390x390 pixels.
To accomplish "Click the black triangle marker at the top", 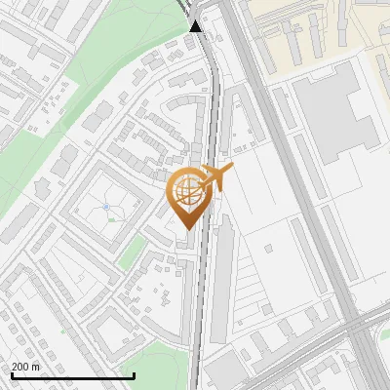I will pyautogui.click(x=197, y=26).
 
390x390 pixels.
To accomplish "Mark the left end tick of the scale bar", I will pyautogui.click(x=11, y=375).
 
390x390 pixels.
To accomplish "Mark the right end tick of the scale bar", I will pyautogui.click(x=133, y=375).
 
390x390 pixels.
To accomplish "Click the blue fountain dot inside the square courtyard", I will pyautogui.click(x=105, y=207).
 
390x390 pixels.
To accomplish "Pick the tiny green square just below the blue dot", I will pyautogui.click(x=111, y=220).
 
